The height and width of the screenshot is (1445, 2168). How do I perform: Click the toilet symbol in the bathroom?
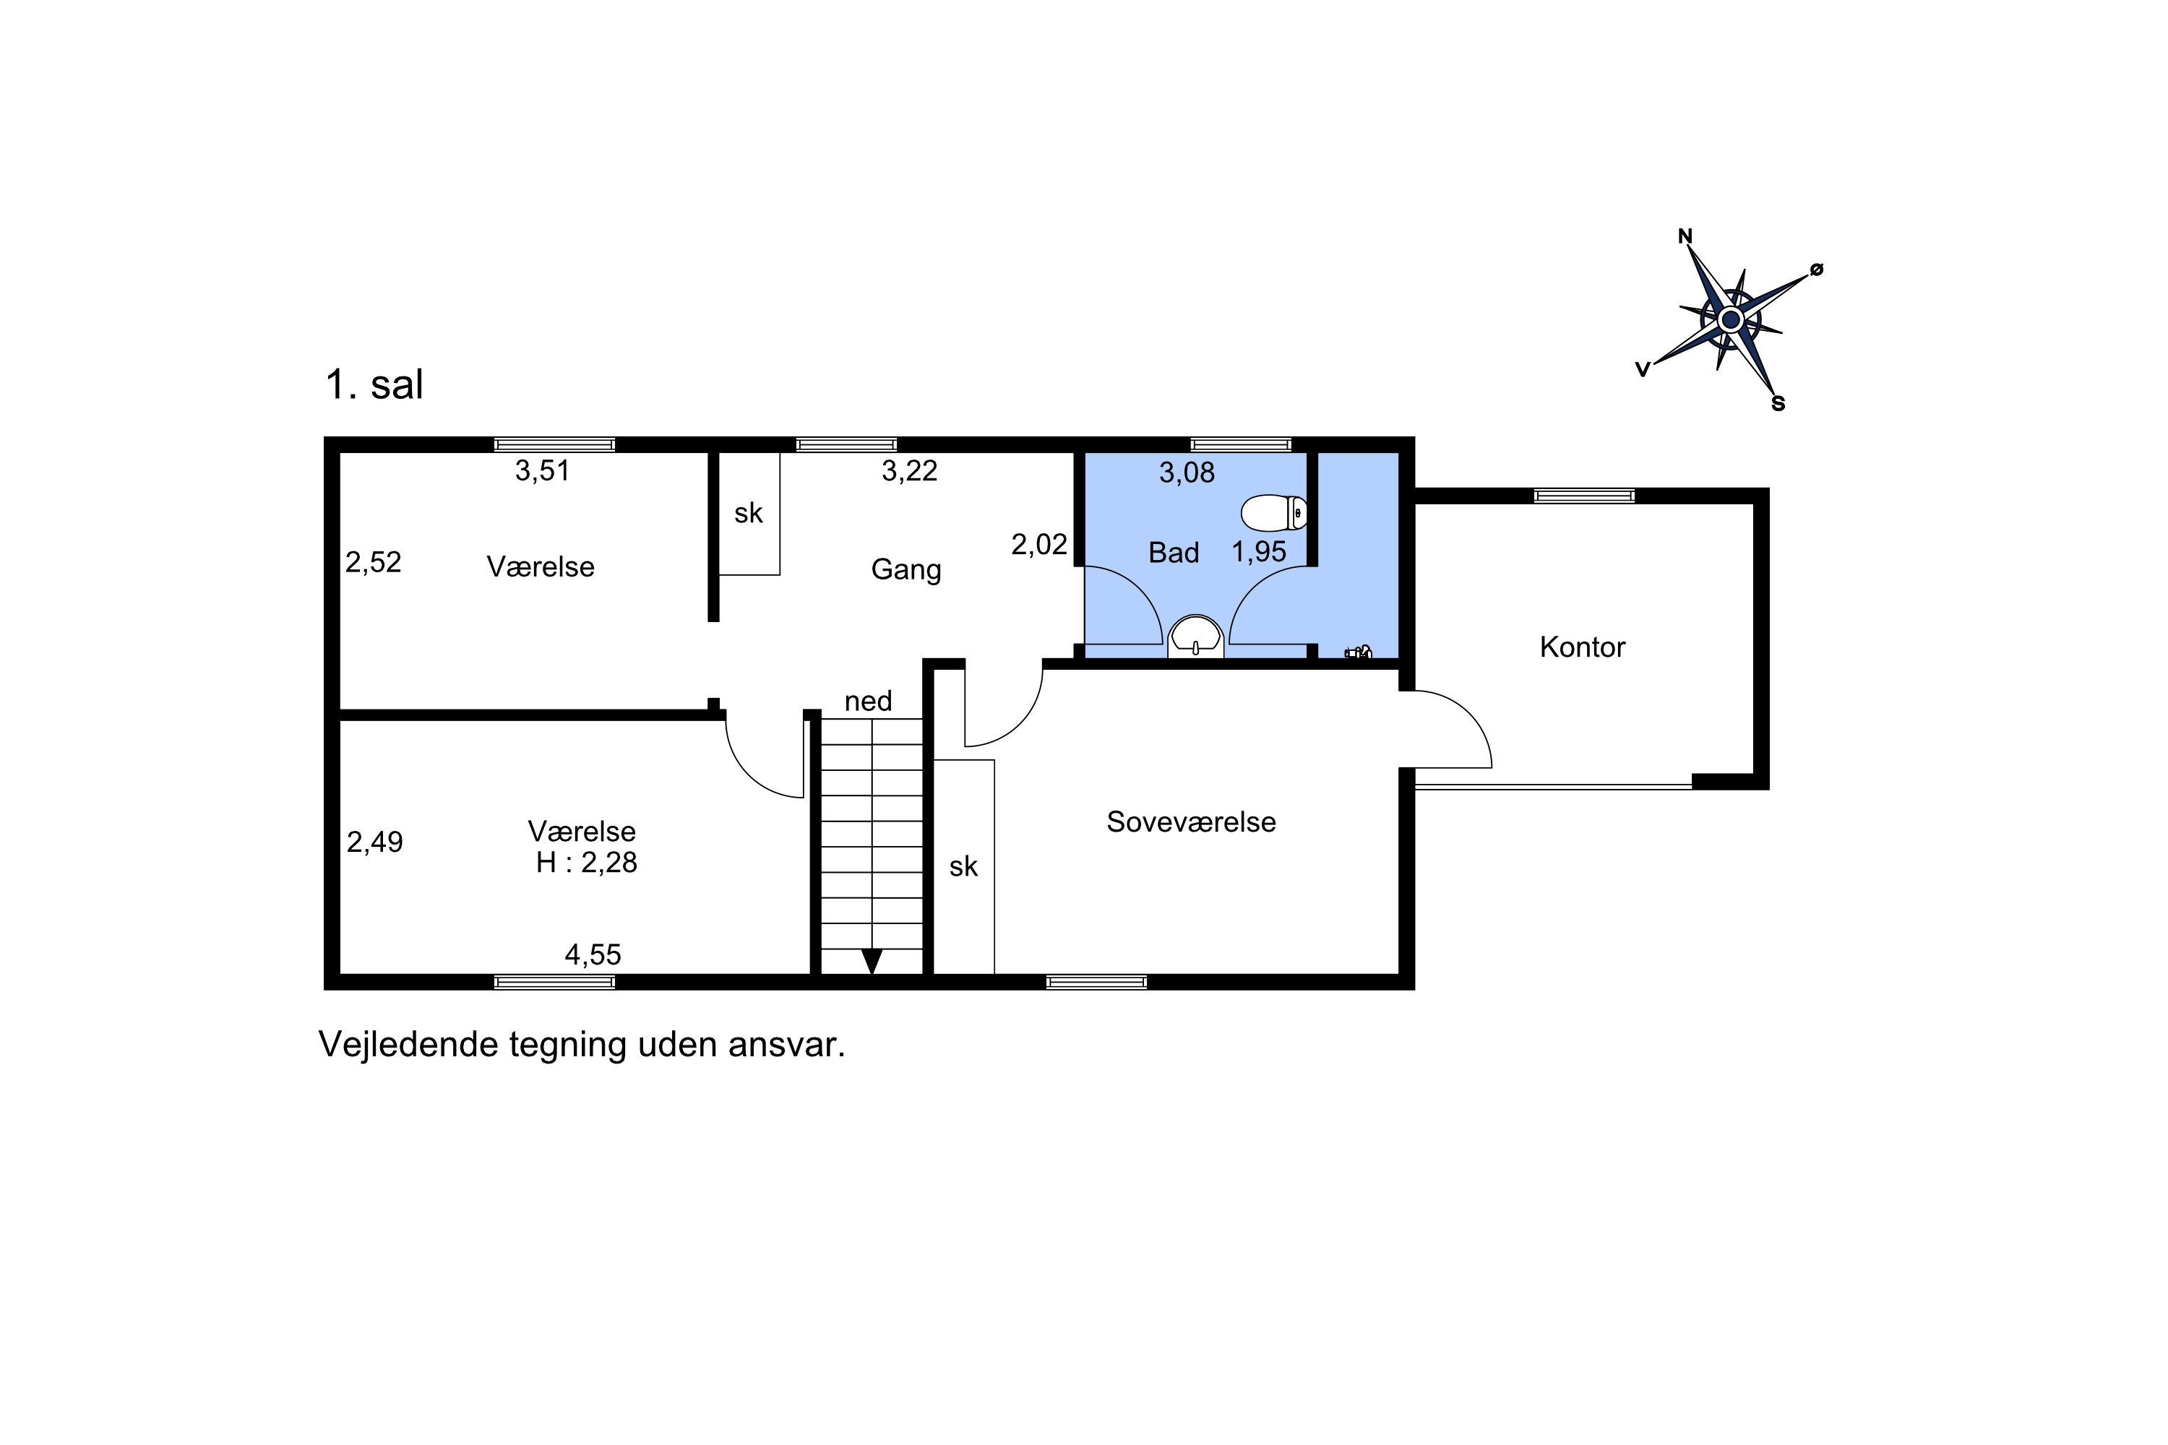tap(1275, 513)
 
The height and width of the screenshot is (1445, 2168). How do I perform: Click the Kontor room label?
tap(1582, 647)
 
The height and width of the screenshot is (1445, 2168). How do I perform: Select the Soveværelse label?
tap(1191, 821)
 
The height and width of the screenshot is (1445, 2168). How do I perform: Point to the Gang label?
tap(906, 569)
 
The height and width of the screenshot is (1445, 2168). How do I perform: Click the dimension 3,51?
tap(542, 471)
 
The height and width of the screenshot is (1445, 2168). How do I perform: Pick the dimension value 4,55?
tap(593, 954)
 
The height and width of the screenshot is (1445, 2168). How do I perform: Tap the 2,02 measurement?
tap(1039, 545)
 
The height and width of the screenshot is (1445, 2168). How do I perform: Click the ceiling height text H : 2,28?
tap(586, 863)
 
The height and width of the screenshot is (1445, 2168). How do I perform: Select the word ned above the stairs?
tap(869, 702)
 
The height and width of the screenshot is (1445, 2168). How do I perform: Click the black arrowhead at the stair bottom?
tap(871, 961)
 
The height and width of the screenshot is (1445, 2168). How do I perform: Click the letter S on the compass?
tap(1778, 404)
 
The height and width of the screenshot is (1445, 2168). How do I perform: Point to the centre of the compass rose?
tap(1730, 320)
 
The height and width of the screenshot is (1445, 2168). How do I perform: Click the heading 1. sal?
tap(374, 384)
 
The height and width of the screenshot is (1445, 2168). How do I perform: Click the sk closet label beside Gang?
tap(749, 513)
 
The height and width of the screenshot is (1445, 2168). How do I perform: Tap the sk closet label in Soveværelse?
tap(963, 866)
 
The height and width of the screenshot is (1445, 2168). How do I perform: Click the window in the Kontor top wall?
tap(1583, 496)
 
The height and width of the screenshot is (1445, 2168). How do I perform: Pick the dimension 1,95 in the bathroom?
tap(1259, 552)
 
